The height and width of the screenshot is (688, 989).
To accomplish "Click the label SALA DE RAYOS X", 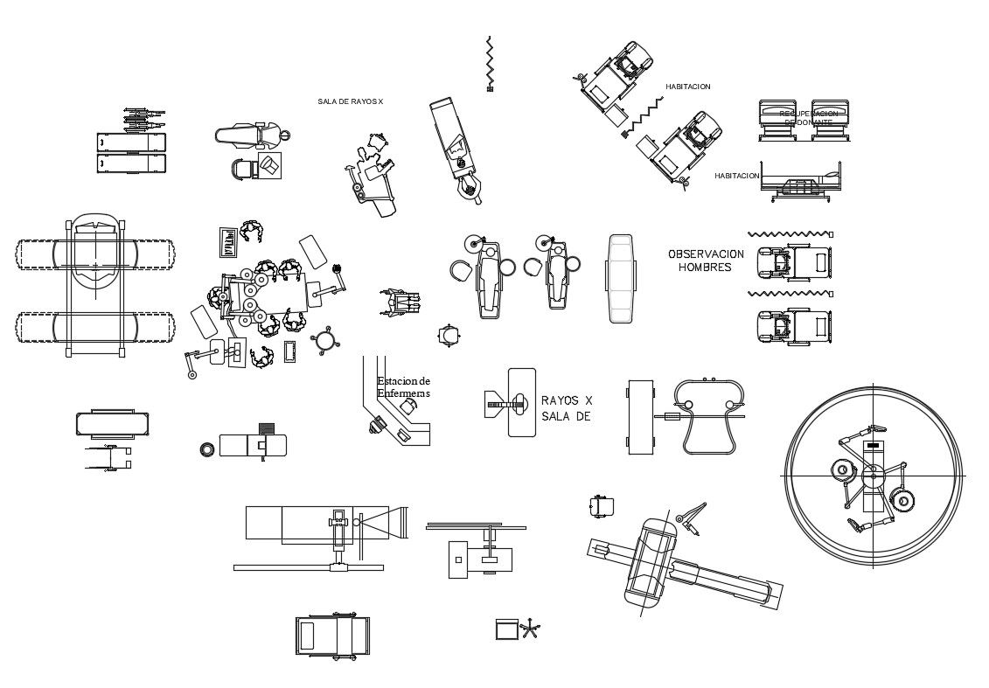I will pyautogui.click(x=350, y=102).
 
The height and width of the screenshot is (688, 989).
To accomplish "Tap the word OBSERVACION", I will pyautogui.click(x=706, y=254).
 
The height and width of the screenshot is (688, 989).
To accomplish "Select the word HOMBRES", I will pyautogui.click(x=705, y=268).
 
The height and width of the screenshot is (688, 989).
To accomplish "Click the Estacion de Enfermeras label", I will pyautogui.click(x=403, y=387).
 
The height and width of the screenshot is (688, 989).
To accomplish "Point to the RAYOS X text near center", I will pyautogui.click(x=567, y=400).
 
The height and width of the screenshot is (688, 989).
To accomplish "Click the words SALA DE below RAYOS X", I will pyautogui.click(x=566, y=417).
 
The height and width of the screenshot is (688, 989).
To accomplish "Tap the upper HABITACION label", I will pyautogui.click(x=687, y=87).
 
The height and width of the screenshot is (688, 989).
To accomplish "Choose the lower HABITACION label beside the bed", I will pyautogui.click(x=736, y=176).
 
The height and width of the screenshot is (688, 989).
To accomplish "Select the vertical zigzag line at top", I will pyautogui.click(x=490, y=63).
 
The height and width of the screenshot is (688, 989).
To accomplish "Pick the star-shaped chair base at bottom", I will pyautogui.click(x=530, y=629).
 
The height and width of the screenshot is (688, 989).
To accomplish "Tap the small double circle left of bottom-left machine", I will pyautogui.click(x=207, y=448).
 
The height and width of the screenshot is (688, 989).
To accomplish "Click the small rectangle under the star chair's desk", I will pyautogui.click(x=506, y=629).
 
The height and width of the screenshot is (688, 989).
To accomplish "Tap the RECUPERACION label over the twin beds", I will pyautogui.click(x=808, y=114).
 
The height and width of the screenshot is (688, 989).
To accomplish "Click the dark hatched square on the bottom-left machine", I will pyautogui.click(x=268, y=427).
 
